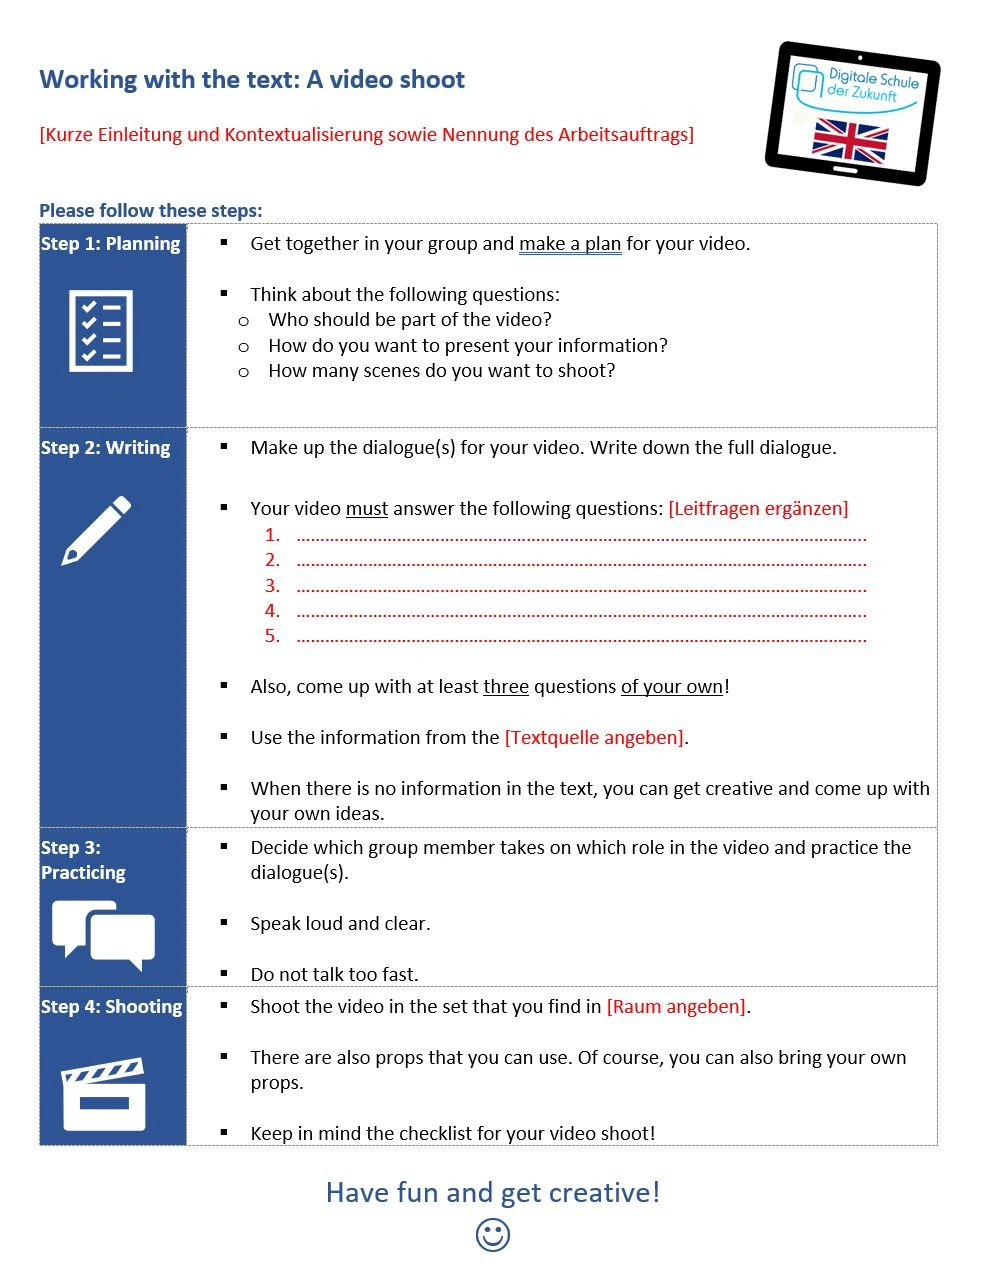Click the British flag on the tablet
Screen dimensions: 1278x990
point(850,140)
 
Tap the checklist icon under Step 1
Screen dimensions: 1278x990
point(100,331)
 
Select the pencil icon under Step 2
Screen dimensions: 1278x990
point(96,530)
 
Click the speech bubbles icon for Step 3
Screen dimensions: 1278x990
point(104,934)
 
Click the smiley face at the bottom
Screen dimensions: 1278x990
point(493,1235)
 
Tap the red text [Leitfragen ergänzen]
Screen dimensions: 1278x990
point(758,508)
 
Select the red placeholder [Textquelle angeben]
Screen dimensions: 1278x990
point(595,737)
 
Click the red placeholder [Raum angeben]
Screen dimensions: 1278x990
point(677,1006)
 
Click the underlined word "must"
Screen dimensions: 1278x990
point(367,508)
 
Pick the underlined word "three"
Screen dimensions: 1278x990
point(506,686)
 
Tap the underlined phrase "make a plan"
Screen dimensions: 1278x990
point(570,243)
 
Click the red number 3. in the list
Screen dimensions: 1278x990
point(272,585)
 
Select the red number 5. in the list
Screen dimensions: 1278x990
point(272,636)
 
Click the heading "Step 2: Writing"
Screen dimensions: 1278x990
point(106,447)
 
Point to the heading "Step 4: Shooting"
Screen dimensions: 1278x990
point(112,1006)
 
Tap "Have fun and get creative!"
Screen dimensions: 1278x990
point(493,1192)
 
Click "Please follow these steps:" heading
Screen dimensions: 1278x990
point(151,210)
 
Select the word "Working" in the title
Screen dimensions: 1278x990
point(88,80)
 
